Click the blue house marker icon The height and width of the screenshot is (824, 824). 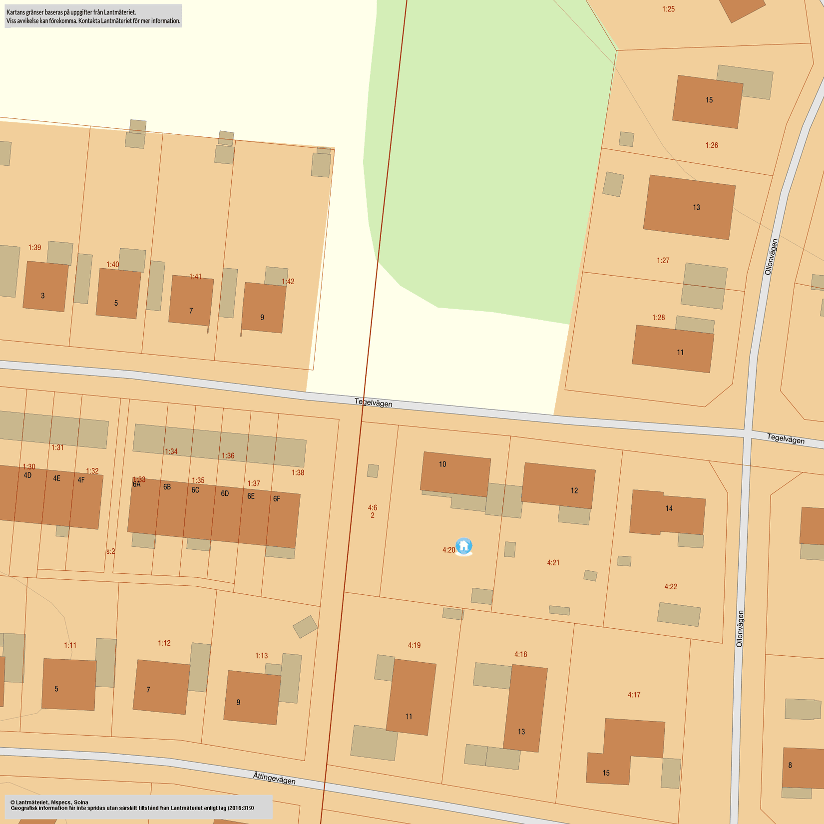pos(464,546)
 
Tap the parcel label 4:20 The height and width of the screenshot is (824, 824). pos(448,550)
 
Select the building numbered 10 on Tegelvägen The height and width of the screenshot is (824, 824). pos(455,474)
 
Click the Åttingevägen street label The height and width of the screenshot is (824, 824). pos(274,778)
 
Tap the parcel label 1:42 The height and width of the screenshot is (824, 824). pos(288,282)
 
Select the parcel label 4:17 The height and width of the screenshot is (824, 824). pos(634,695)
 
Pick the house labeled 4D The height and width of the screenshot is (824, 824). pos(27,492)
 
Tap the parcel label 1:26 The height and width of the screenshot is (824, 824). pos(712,145)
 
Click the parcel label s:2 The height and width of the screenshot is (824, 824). pos(110,551)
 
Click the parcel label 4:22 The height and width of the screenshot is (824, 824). pos(671,587)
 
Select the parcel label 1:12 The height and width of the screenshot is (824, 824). pos(164,643)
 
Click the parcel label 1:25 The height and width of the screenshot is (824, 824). pos(668,9)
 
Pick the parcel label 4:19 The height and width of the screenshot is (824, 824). pos(414,645)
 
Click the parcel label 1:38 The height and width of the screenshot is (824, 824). pos(298,472)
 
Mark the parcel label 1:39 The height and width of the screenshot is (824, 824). pos(34,248)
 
